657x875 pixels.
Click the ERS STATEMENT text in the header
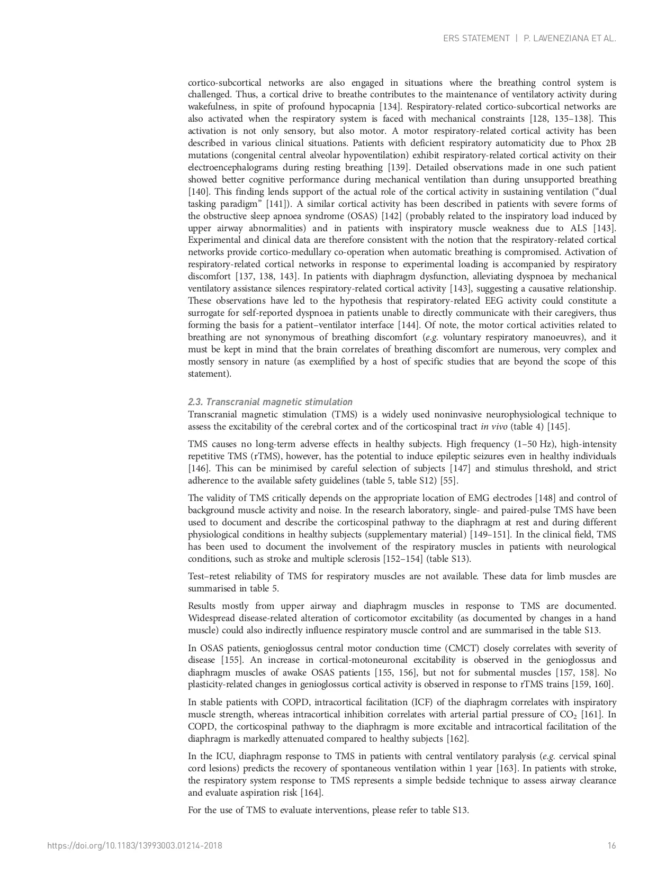[x=476, y=39]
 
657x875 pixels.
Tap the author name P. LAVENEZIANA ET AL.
[x=570, y=39]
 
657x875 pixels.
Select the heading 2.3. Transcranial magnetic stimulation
[x=270, y=402]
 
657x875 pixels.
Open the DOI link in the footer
[x=134, y=846]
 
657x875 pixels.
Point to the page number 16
[x=611, y=846]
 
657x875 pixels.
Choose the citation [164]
[x=311, y=793]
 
